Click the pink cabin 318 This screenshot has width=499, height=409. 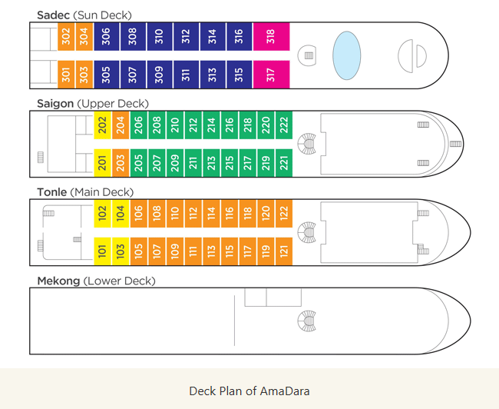[272, 37]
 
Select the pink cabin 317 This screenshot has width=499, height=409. [272, 75]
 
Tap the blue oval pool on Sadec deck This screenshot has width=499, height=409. [346, 55]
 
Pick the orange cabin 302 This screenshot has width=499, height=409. [66, 37]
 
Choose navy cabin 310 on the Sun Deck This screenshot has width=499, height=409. [160, 37]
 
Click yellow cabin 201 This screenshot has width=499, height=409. [102, 163]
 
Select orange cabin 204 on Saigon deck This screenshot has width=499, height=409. [121, 125]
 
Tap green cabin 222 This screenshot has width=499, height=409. [284, 125]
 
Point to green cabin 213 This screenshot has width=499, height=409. [211, 163]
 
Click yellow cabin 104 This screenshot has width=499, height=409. [121, 214]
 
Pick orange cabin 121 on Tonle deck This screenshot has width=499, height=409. [284, 251]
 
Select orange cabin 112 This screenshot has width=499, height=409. [193, 214]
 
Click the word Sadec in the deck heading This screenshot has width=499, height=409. [53, 15]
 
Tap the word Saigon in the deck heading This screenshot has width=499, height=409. [55, 104]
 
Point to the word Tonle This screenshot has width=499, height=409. [52, 192]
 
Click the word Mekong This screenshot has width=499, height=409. [58, 281]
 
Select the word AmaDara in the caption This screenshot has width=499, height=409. [285, 391]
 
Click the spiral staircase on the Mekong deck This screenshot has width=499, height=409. [307, 321]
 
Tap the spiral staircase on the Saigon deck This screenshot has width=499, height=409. [307, 144]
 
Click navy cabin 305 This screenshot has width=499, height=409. [106, 75]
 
